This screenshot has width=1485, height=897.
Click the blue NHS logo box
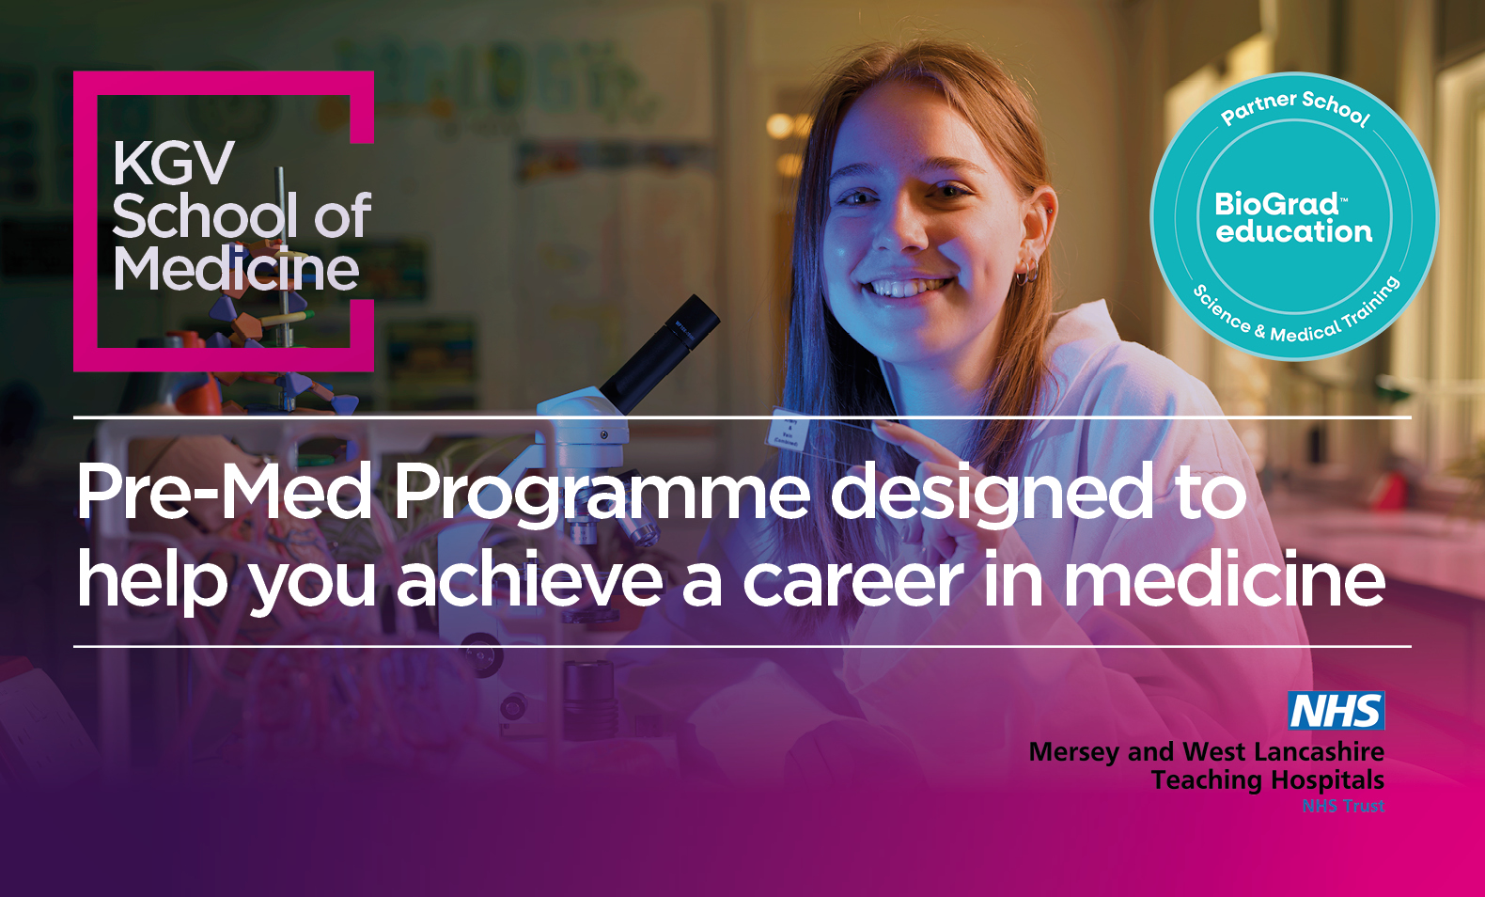point(1336,711)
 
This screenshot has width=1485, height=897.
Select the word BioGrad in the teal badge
point(1276,204)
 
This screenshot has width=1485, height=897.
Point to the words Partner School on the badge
point(1295,108)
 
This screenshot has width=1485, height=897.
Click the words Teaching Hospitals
point(1268,781)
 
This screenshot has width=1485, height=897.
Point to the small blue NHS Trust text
point(1343,806)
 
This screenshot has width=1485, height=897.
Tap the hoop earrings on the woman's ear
point(1027,271)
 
